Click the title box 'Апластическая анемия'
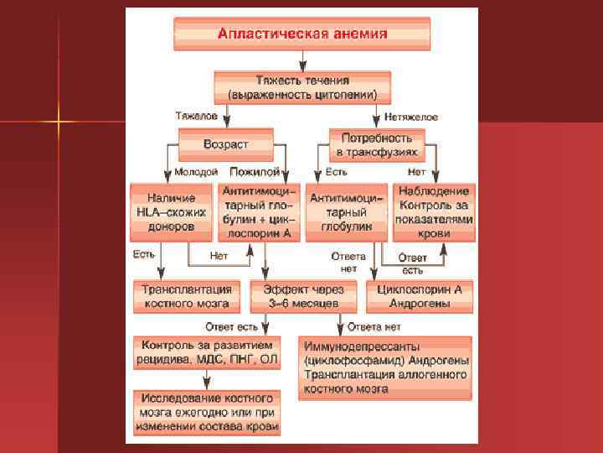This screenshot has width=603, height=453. (x=301, y=34)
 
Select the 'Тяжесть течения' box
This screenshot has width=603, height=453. (x=302, y=88)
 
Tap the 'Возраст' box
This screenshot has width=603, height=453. (x=226, y=144)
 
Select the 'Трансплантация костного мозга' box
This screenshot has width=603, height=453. (x=187, y=296)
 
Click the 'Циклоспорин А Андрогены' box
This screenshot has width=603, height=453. (x=420, y=296)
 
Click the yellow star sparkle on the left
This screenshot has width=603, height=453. (x=59, y=122)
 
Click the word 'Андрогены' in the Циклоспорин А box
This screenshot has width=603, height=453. (x=420, y=303)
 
